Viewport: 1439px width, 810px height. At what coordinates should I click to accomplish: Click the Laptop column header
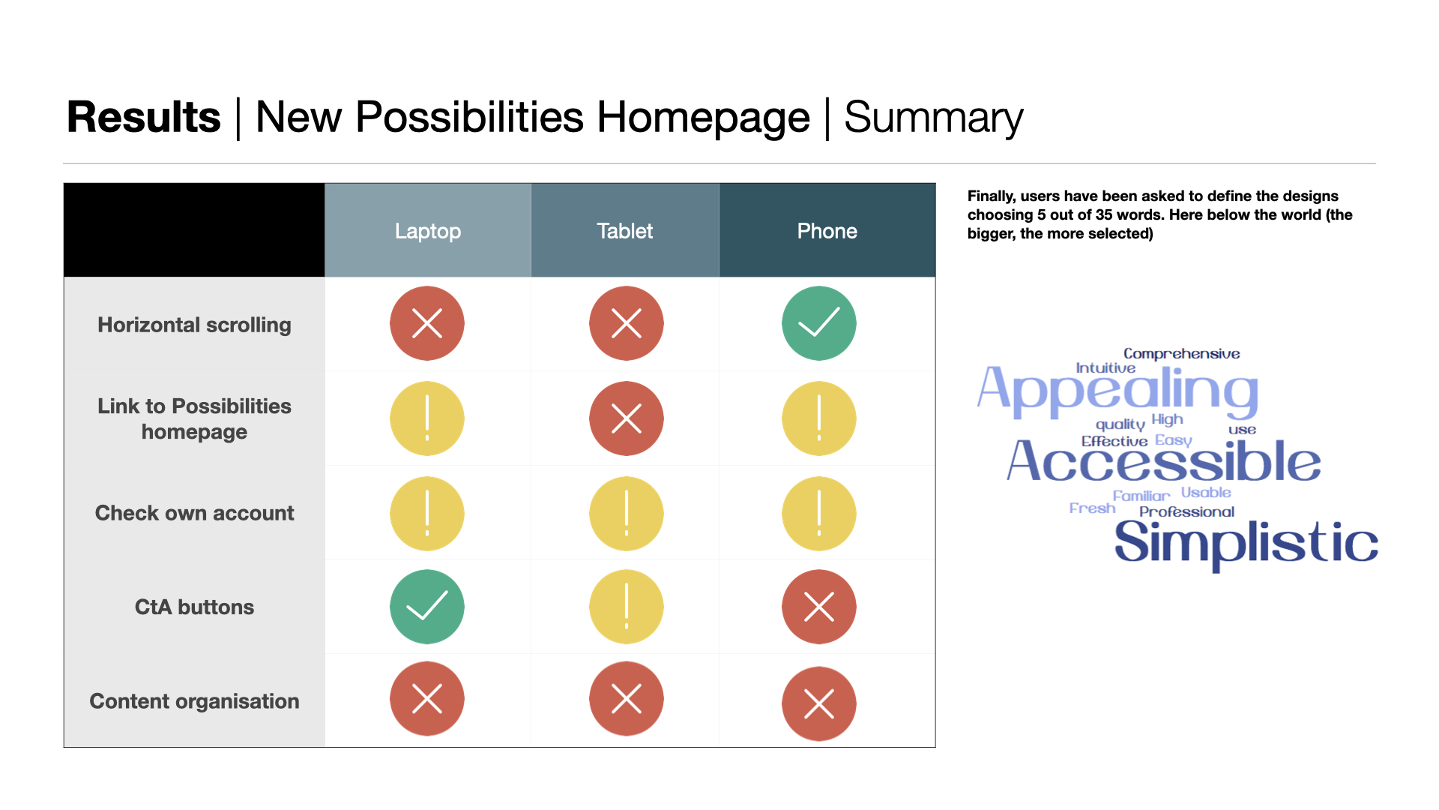pyautogui.click(x=428, y=230)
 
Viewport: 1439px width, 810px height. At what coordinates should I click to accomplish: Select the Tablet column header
pyautogui.click(x=625, y=230)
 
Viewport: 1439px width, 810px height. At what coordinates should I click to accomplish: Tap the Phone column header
pyautogui.click(x=827, y=230)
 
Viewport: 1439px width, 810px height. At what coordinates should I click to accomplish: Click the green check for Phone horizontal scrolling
pyautogui.click(x=819, y=323)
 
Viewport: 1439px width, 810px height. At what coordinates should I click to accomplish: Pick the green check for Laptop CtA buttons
pyautogui.click(x=427, y=607)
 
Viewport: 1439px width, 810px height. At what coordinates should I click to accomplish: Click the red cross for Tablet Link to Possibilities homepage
pyautogui.click(x=627, y=418)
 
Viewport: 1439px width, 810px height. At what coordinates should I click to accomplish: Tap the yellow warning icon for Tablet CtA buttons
pyautogui.click(x=627, y=607)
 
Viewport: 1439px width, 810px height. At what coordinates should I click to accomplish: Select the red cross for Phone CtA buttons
pyautogui.click(x=819, y=607)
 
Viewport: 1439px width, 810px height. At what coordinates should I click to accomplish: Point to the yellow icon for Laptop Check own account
pyautogui.click(x=427, y=514)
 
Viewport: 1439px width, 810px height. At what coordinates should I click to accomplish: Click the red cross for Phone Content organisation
pyautogui.click(x=819, y=703)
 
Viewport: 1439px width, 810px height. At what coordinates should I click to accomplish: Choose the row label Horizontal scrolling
pyautogui.click(x=194, y=325)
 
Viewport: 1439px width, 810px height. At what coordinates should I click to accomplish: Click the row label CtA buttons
pyautogui.click(x=194, y=607)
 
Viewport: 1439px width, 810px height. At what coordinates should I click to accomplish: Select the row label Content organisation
pyautogui.click(x=194, y=701)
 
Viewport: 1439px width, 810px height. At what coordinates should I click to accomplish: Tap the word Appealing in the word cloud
pyautogui.click(x=1117, y=391)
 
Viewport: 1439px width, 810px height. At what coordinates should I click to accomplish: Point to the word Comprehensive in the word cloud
pyautogui.click(x=1181, y=353)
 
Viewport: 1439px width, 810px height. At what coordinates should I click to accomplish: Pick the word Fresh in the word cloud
pyautogui.click(x=1092, y=508)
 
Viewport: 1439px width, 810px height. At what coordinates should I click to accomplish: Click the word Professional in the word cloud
pyautogui.click(x=1186, y=511)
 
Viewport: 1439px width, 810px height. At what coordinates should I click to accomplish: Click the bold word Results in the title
pyautogui.click(x=144, y=117)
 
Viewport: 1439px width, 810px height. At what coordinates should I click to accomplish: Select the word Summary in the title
pyautogui.click(x=934, y=118)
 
